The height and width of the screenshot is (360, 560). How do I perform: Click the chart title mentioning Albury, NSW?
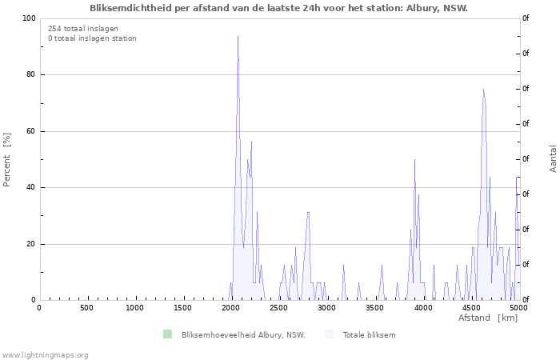(278, 8)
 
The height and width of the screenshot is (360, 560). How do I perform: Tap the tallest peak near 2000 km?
(238, 36)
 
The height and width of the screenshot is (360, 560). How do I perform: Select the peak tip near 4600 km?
(483, 90)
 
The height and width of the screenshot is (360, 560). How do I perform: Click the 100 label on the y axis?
(30, 18)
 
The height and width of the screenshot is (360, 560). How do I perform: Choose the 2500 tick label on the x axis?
(280, 308)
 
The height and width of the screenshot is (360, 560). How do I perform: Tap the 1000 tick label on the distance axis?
(134, 308)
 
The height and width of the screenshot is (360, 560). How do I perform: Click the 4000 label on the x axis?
(423, 308)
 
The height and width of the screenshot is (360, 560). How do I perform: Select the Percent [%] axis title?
(6, 160)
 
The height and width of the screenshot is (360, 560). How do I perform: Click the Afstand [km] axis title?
(488, 318)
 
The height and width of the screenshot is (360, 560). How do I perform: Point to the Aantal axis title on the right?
(553, 159)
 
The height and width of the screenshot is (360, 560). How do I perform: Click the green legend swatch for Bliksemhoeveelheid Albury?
(167, 334)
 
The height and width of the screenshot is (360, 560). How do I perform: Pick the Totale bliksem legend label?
(370, 335)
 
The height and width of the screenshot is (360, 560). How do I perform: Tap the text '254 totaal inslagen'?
(83, 29)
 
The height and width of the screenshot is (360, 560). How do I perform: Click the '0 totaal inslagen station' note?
(92, 38)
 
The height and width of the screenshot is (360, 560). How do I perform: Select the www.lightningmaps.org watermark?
(44, 355)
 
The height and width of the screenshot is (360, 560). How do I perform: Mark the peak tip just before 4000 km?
(414, 160)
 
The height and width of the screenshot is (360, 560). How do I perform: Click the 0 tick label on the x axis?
(39, 308)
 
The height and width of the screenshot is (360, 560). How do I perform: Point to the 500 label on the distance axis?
(86, 308)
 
